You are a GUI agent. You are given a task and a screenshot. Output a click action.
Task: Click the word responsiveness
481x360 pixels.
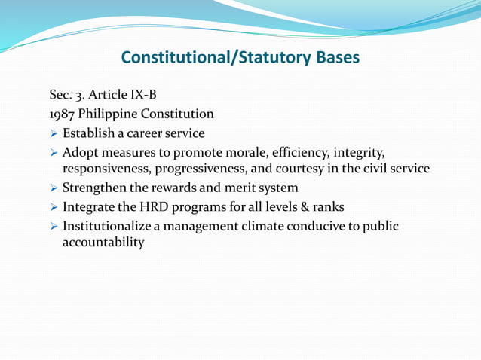click(106, 169)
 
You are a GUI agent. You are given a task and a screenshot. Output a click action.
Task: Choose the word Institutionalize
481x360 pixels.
click(109, 226)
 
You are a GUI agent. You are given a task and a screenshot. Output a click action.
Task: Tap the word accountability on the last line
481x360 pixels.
click(103, 243)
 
